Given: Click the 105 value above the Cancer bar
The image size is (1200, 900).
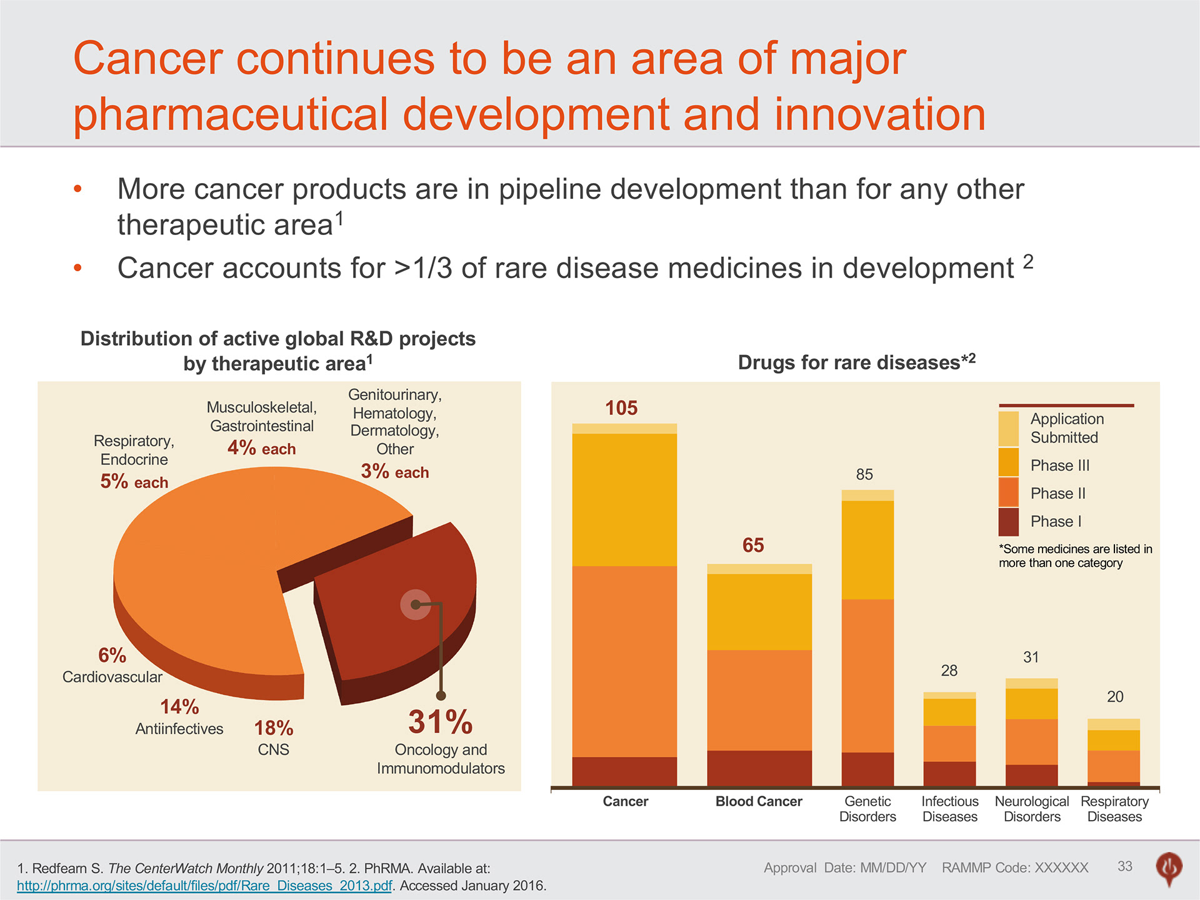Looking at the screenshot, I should (x=621, y=408).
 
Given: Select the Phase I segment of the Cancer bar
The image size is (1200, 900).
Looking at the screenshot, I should (x=624, y=771).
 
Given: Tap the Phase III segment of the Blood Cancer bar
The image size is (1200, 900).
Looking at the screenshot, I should (x=759, y=612).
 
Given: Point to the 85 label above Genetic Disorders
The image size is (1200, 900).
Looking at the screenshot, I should (x=864, y=474).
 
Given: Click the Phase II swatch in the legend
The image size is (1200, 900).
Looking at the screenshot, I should (x=1008, y=493).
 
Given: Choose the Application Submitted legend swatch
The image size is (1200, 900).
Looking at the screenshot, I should (x=1008, y=429).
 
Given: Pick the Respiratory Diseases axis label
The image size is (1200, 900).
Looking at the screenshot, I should (x=1114, y=809).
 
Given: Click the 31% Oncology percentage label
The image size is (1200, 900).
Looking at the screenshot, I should (x=441, y=722).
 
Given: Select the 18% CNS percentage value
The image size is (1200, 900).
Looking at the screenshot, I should (x=274, y=728).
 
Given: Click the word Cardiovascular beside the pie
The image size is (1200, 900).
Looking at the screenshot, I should (x=112, y=677).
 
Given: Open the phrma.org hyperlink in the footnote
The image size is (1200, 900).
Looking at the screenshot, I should (x=204, y=886).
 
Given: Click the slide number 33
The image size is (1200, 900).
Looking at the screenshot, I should (x=1125, y=866).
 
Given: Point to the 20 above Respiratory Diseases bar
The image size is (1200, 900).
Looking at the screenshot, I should (x=1115, y=697).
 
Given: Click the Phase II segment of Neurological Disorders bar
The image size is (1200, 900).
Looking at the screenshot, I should (x=1031, y=742).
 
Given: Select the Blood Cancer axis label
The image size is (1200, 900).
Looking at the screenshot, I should (x=759, y=801).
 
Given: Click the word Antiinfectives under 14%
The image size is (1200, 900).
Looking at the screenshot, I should (x=179, y=729).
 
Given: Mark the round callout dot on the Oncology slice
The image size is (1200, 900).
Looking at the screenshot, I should (x=416, y=604).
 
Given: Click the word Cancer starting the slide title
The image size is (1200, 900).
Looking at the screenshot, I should (x=148, y=59).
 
